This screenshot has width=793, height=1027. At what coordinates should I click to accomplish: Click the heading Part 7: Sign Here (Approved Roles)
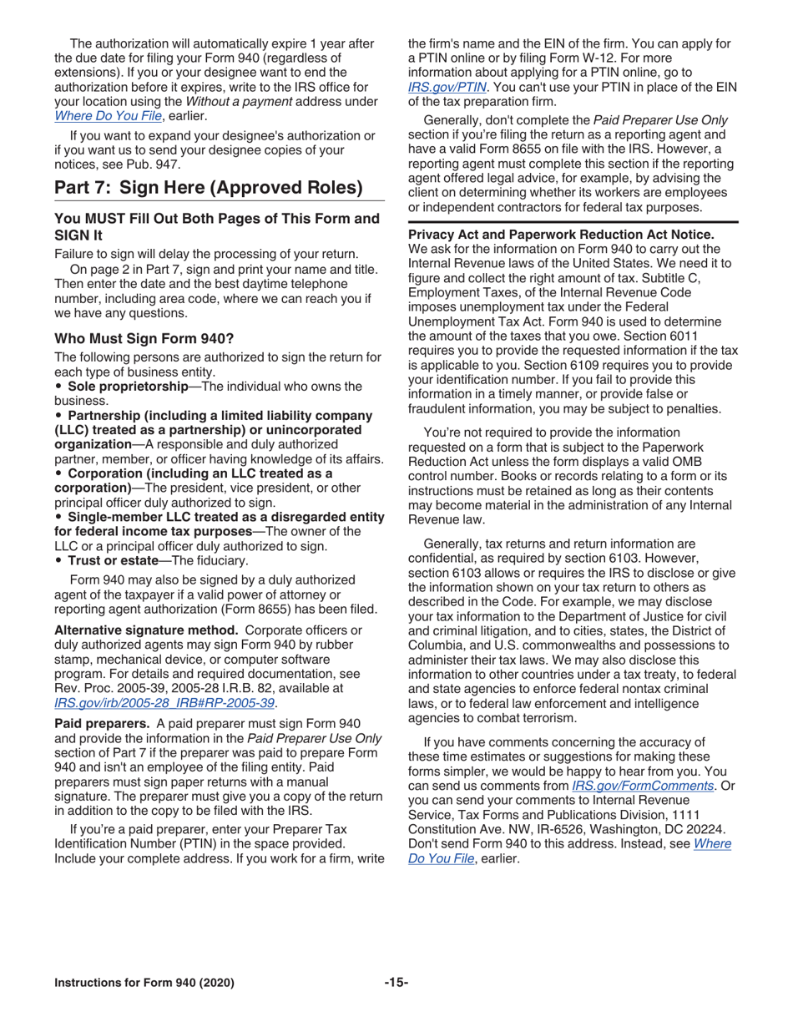coord(208,187)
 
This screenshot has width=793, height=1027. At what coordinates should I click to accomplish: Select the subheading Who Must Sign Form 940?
coord(144,338)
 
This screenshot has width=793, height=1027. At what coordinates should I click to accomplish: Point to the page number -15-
coord(396,983)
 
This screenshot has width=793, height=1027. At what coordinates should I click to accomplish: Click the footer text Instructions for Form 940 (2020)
coord(144,983)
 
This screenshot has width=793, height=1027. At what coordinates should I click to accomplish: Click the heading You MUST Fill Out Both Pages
coord(215,219)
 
